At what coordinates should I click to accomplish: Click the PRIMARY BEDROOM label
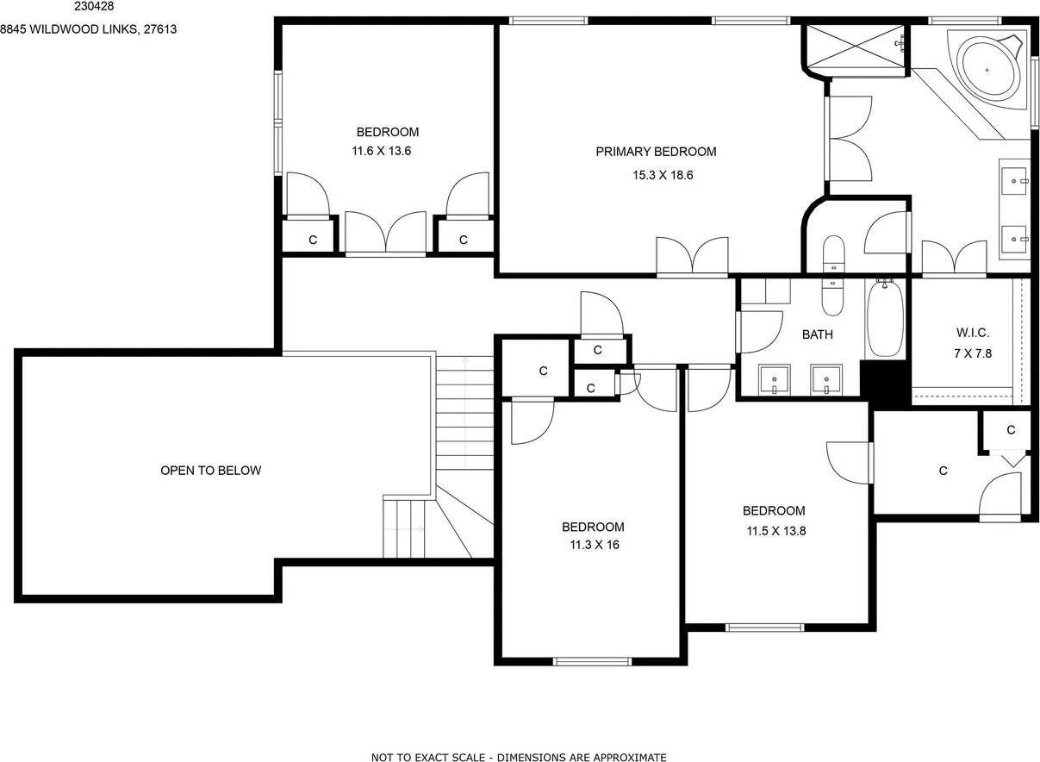click(x=656, y=152)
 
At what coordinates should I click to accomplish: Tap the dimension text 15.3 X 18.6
click(x=663, y=175)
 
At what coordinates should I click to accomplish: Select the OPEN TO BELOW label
click(x=211, y=471)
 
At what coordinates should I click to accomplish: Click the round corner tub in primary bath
click(x=987, y=70)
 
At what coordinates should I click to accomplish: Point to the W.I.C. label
click(x=973, y=333)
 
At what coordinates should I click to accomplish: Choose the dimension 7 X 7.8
click(x=973, y=353)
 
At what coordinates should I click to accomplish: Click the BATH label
click(x=817, y=334)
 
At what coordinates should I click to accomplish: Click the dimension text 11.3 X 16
click(x=595, y=545)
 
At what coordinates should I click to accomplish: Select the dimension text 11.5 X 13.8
click(x=775, y=531)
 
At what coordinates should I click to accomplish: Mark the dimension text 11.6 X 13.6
click(x=381, y=151)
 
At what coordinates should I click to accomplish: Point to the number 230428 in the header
click(x=94, y=7)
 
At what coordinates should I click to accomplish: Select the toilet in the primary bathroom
click(x=834, y=254)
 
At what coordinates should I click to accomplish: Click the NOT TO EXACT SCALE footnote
click(x=519, y=758)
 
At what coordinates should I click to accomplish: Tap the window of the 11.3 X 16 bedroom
click(x=593, y=662)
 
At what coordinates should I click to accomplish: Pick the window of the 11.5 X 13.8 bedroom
click(x=764, y=628)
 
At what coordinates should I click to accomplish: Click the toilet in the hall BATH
click(x=833, y=297)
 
